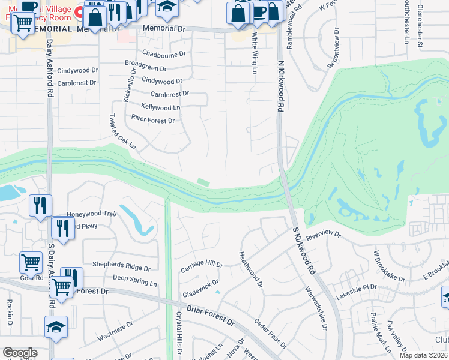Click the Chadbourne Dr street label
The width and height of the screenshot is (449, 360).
click(x=164, y=53)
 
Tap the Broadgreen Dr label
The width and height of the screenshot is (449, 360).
click(x=145, y=67)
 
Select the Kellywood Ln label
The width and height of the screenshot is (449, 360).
click(x=160, y=107)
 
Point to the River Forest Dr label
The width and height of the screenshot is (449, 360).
click(x=152, y=121)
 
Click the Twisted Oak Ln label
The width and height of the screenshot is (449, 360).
click(x=123, y=132)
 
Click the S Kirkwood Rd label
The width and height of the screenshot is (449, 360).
click(x=304, y=251)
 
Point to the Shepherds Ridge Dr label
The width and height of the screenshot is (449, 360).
click(x=121, y=265)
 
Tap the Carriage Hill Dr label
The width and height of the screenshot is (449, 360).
click(x=202, y=264)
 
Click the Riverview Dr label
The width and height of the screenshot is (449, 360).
click(x=323, y=235)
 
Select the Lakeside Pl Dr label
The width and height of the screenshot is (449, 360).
click(x=357, y=287)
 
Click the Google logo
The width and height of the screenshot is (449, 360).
click(x=20, y=353)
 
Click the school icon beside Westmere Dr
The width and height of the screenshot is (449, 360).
click(x=56, y=326)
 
